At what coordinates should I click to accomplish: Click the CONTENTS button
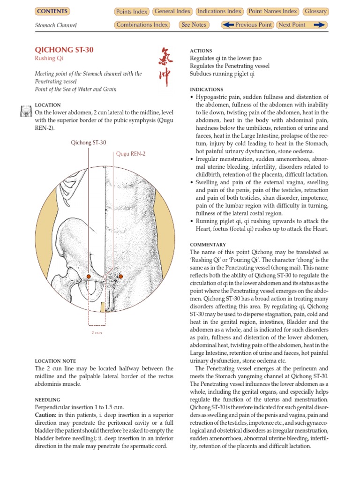(x=52, y=11)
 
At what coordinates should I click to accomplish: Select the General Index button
(x=172, y=11)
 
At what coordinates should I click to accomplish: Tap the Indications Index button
(x=219, y=11)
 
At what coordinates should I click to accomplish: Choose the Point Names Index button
(x=273, y=11)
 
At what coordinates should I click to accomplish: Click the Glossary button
(x=315, y=11)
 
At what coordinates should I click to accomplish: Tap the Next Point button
(x=301, y=25)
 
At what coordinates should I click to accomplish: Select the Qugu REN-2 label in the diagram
(x=131, y=154)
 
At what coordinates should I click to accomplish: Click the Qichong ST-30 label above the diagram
(x=89, y=142)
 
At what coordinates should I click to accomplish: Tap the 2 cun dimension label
(x=97, y=332)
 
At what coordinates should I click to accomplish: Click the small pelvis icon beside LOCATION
(x=26, y=112)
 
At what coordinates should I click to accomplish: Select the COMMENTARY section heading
(x=208, y=245)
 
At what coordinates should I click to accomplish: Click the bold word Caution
(x=45, y=415)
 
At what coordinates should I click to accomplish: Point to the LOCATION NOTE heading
(x=55, y=361)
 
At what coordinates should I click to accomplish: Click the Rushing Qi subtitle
(x=49, y=59)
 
